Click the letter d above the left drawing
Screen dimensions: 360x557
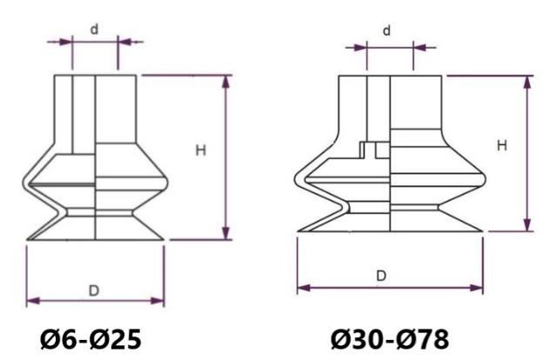coord(94,29)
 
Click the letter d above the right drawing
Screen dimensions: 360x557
coord(387,31)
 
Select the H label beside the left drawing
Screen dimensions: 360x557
coord(200,150)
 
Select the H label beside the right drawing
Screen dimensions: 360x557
coord(501,145)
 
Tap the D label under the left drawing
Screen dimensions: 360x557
coord(94,290)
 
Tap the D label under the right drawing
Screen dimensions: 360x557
coord(381,276)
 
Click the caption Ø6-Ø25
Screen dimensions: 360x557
coord(93,337)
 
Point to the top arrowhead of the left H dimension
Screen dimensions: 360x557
coord(226,80)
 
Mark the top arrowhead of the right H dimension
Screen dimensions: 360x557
coord(527,80)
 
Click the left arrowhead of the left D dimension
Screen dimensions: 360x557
coord(31,301)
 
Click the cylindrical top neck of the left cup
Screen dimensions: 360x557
coord(95,104)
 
